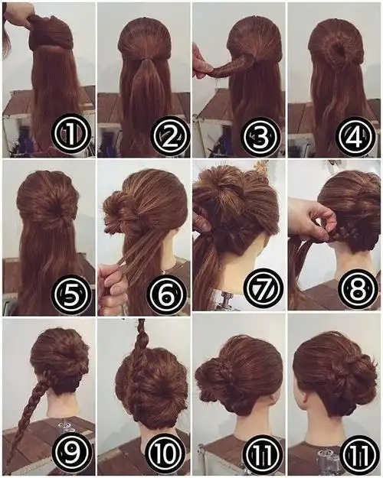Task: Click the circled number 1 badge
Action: coord(71,134)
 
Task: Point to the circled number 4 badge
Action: coord(355,135)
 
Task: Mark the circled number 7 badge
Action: coord(262,288)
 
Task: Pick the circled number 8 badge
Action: coord(356,288)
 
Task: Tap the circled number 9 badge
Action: coord(72,454)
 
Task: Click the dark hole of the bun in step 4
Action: coord(340,50)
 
